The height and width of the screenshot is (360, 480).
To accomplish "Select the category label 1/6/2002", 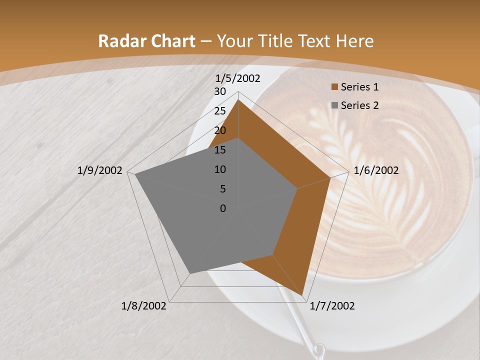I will (x=376, y=170).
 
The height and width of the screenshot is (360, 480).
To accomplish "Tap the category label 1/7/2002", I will (x=332, y=306).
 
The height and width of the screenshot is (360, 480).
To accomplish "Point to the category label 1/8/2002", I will (x=144, y=306).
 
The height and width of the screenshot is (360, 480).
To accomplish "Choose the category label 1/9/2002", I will (x=100, y=170).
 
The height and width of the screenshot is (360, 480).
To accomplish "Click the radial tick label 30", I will (x=220, y=91).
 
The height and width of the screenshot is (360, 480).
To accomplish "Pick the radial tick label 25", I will (x=220, y=111).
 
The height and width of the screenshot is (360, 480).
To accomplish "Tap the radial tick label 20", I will (x=220, y=130).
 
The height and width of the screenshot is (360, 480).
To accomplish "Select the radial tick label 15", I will (x=220, y=150).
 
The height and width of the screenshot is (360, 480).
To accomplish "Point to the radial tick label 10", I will (x=220, y=169).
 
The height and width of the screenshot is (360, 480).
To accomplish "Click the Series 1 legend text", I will (x=359, y=87).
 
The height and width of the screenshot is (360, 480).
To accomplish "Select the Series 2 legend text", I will (x=359, y=105).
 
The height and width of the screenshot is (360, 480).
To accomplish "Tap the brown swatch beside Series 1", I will (x=334, y=87).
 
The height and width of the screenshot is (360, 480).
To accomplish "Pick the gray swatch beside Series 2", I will (x=334, y=105).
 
